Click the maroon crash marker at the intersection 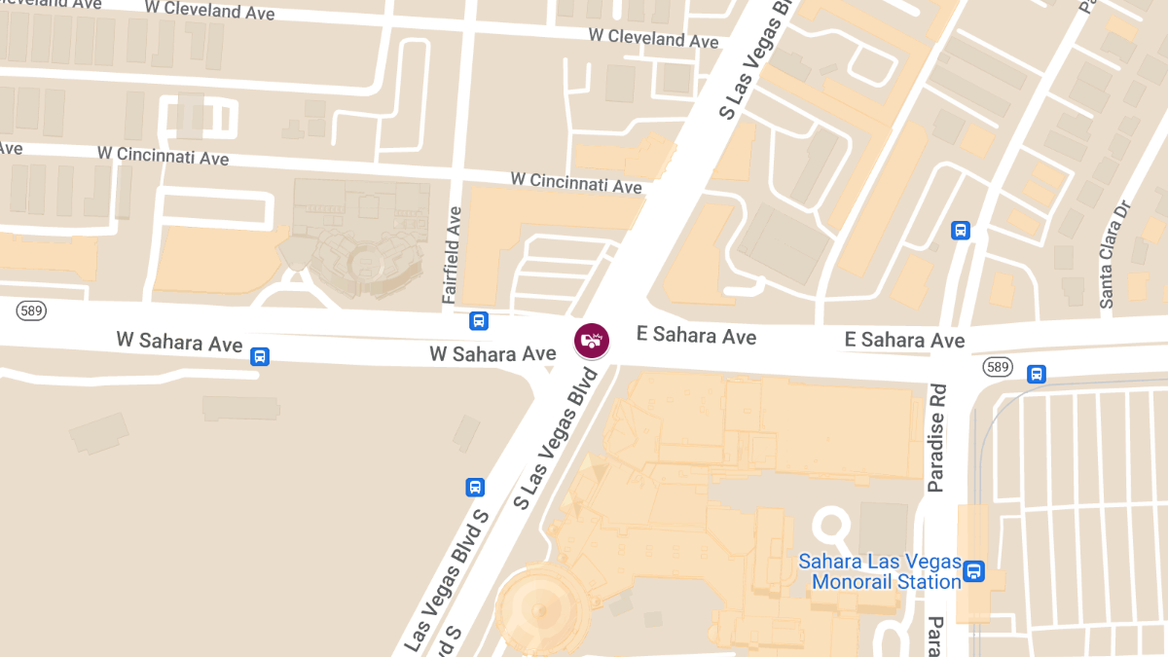coord(592,340)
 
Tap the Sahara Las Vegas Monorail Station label coord(879,572)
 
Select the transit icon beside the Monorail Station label coord(973,570)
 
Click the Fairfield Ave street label coord(453,254)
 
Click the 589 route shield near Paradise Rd coord(997,366)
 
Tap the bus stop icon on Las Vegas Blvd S coord(475,488)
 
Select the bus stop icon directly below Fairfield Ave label coord(478,320)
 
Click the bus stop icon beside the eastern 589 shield coord(1037,373)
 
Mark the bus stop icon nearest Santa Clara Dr coord(961,231)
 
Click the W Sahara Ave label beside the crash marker coord(493,353)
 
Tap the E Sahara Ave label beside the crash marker coord(696,336)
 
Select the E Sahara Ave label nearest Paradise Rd coord(904,339)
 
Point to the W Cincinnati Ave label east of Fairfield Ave coord(576,182)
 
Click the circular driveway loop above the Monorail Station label coord(832,526)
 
